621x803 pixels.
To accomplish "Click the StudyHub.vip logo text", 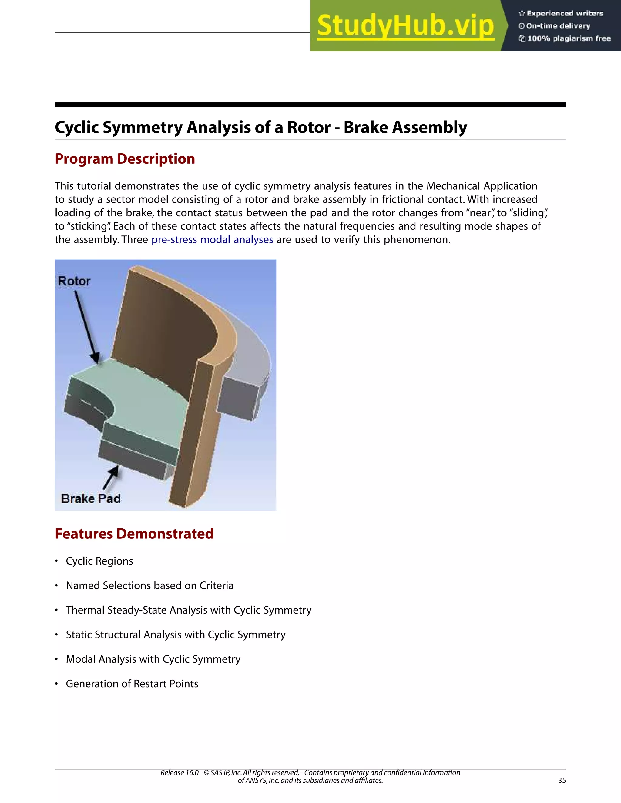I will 405,26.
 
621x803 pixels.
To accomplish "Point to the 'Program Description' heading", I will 125,159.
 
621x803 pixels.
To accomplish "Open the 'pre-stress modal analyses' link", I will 212,240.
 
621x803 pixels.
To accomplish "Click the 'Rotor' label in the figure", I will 74,281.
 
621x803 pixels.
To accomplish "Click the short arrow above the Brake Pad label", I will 111,478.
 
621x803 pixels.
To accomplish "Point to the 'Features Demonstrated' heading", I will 134,534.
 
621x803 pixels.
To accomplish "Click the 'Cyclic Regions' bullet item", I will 99,561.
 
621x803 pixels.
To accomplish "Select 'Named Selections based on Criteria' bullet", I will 149,586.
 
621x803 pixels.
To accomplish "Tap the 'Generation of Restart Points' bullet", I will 132,684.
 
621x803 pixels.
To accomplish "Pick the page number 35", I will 562,781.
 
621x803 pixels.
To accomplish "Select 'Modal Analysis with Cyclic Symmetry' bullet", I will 153,659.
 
